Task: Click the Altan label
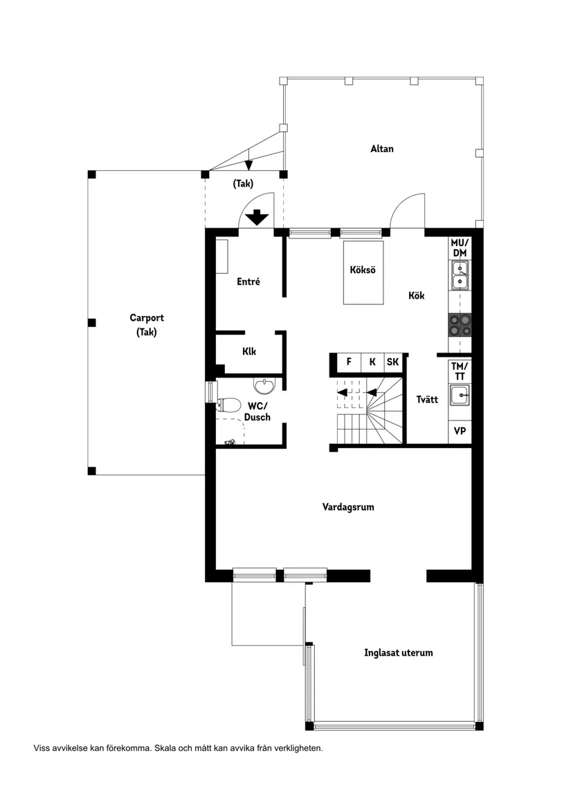(x=381, y=149)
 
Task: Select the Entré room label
(x=248, y=281)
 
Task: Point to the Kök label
(x=416, y=295)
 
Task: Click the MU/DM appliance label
(x=460, y=248)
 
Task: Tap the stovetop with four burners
(x=460, y=324)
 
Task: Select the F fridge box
(x=349, y=362)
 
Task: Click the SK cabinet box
(x=392, y=362)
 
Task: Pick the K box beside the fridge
(x=372, y=362)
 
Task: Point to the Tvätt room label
(x=427, y=400)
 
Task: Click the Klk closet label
(x=249, y=351)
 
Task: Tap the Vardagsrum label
(x=348, y=507)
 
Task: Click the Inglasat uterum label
(x=398, y=652)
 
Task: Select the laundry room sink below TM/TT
(x=459, y=396)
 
